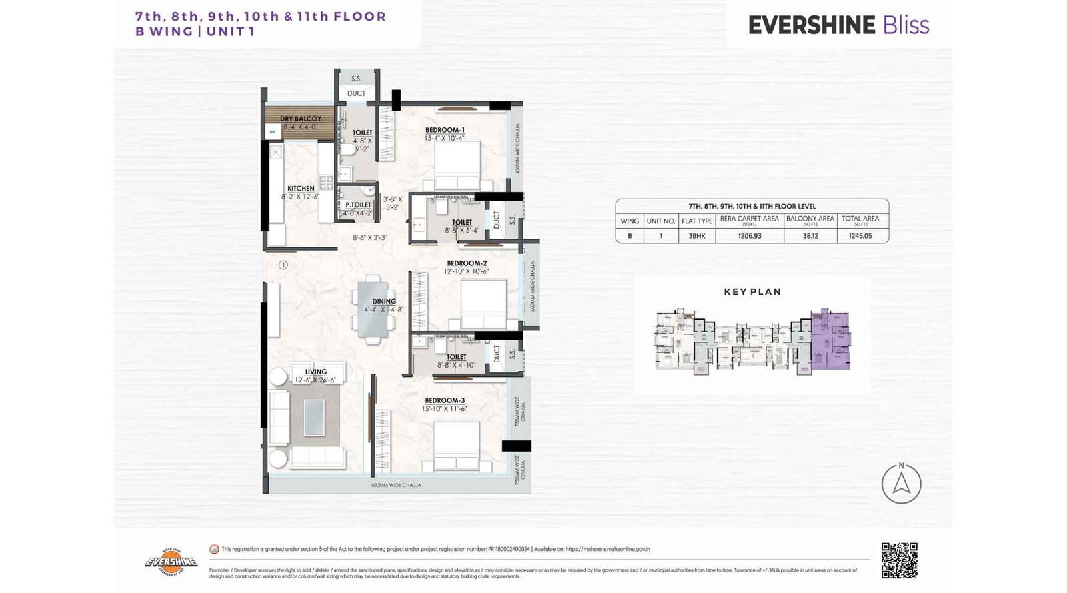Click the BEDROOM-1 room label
click(x=445, y=130)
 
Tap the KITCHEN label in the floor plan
click(x=301, y=189)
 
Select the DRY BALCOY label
click(x=300, y=119)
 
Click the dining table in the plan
click(x=372, y=309)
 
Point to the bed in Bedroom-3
click(x=457, y=446)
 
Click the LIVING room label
click(x=316, y=372)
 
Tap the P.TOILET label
click(x=358, y=205)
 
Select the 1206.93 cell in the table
click(x=749, y=236)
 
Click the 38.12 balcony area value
click(x=810, y=236)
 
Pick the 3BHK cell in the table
click(x=697, y=236)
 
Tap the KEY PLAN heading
click(x=752, y=292)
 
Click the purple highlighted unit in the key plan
click(x=830, y=340)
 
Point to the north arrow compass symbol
click(x=901, y=483)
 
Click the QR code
click(x=899, y=560)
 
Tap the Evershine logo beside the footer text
click(x=171, y=562)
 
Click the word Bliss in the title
click(x=906, y=25)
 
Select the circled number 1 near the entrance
click(x=283, y=265)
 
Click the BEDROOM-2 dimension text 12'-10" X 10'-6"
click(x=466, y=271)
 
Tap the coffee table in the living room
click(x=314, y=417)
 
